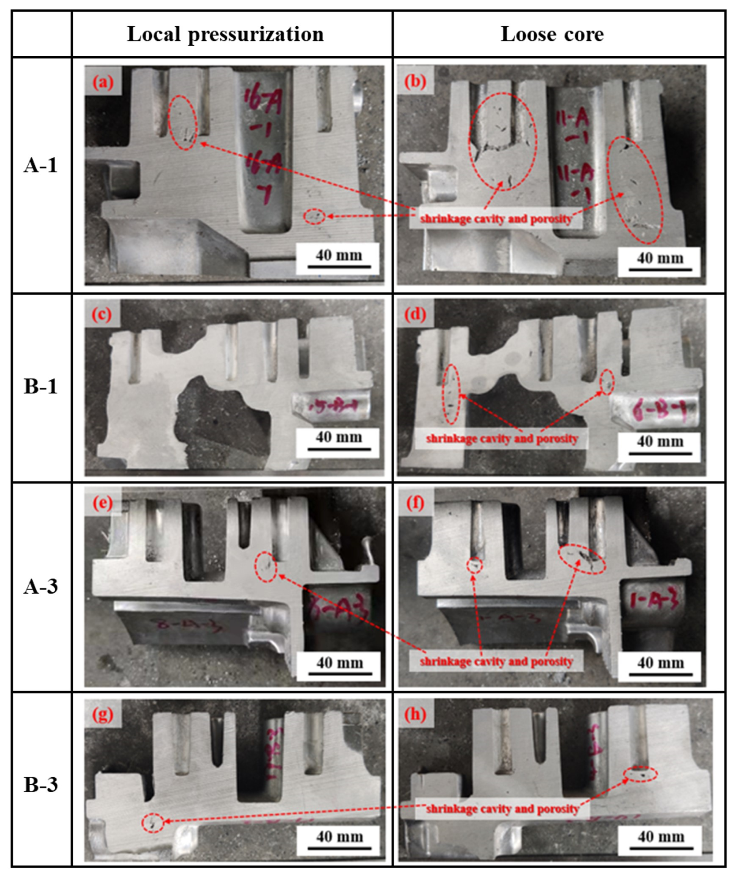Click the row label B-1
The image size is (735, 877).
(x=40, y=387)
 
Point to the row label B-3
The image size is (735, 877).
(x=40, y=785)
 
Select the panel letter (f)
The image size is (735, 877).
(x=415, y=503)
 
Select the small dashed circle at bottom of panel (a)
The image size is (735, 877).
(x=314, y=216)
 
